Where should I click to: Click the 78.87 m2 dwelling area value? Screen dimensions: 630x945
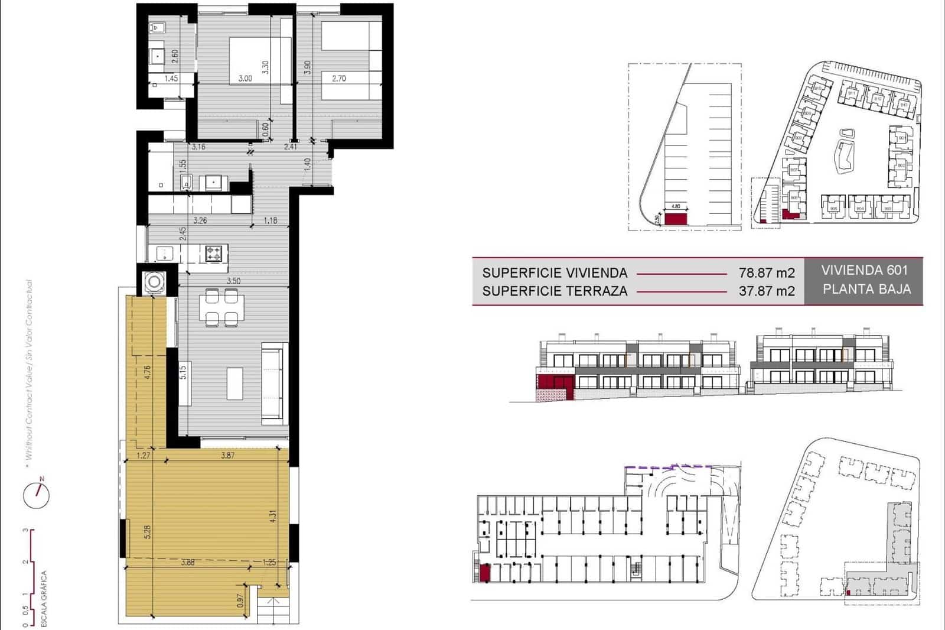pos(767,273)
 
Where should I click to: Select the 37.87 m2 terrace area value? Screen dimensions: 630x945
pos(767,291)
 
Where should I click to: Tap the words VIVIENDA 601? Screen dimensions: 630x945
pos(864,271)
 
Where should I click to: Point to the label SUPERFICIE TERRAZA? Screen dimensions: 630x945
pos(555,291)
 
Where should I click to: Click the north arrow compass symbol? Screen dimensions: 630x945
pos(37,494)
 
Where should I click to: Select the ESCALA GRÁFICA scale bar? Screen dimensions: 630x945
pos(30,576)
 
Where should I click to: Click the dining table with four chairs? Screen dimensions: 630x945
pos(222,307)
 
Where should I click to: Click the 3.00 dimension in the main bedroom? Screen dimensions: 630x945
pos(245,79)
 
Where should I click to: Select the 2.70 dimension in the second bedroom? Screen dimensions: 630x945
pos(338,79)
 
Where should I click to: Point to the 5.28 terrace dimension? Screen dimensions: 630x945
pos(148,532)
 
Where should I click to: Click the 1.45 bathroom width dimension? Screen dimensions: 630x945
pos(171,79)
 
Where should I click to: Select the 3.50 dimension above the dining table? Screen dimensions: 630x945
pos(233,281)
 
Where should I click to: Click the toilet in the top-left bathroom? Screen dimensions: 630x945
pos(158,28)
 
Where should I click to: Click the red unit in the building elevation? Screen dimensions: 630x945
pos(554,382)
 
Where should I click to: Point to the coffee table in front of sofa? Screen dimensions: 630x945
pos(234,383)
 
